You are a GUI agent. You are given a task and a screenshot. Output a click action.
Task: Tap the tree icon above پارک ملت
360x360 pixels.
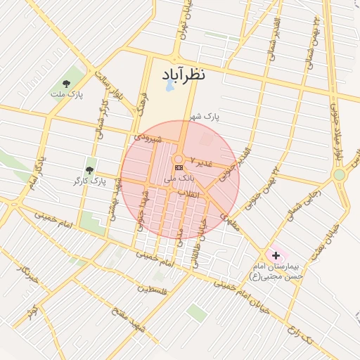67,83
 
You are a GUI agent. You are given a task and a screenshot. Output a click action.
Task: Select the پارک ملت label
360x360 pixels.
66,94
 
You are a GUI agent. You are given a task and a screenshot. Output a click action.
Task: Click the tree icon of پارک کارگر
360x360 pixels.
89,170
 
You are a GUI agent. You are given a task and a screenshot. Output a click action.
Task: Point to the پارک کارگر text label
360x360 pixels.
88,181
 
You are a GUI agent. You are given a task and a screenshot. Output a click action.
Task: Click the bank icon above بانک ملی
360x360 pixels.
179,167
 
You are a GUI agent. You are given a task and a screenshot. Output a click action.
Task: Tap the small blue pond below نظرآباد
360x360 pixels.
169,89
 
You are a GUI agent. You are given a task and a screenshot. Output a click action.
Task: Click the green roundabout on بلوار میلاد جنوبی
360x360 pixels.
340,174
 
